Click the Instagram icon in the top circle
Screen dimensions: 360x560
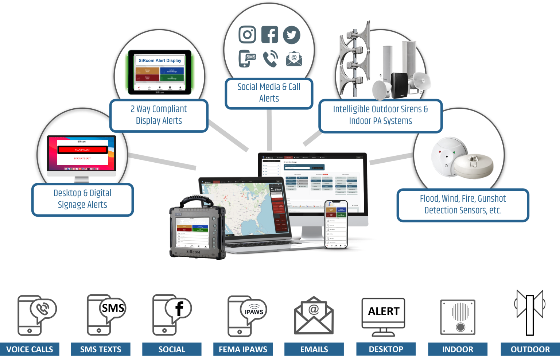point(247,35)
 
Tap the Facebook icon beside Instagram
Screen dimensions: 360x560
point(270,35)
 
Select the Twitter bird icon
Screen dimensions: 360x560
point(292,35)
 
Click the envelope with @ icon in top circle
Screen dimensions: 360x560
point(294,59)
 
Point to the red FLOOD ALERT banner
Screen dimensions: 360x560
point(82,150)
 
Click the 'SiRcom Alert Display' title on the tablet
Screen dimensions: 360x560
point(160,61)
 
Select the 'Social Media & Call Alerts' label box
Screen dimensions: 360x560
point(269,93)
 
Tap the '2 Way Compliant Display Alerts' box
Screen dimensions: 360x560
point(159,115)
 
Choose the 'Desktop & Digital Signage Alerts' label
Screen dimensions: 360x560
point(82,199)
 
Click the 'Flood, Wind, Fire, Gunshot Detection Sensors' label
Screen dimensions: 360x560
point(463,205)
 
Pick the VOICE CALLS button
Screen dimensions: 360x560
point(30,349)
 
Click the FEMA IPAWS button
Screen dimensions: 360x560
point(243,349)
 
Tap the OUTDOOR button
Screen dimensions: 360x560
point(530,349)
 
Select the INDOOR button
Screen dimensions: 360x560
point(458,349)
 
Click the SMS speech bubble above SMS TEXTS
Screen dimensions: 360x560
point(113,308)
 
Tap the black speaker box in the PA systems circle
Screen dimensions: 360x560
point(400,85)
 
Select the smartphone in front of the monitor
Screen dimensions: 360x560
point(336,224)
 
